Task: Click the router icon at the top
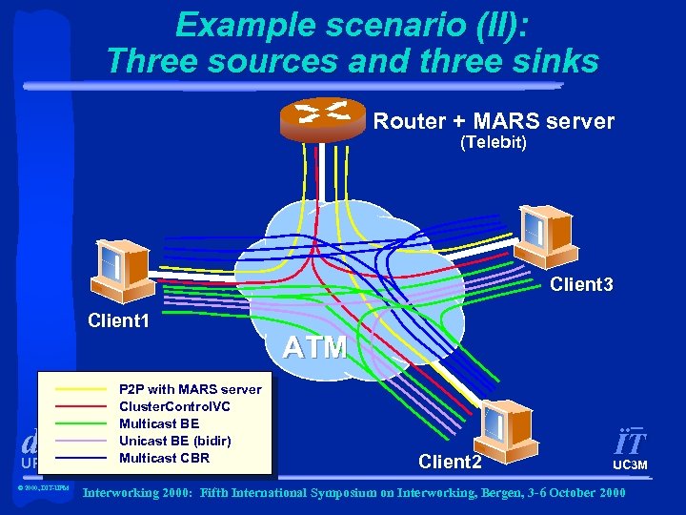click(x=323, y=118)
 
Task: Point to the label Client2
click(x=450, y=462)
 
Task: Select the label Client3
click(x=582, y=284)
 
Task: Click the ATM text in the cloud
click(x=314, y=347)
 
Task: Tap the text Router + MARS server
click(x=494, y=122)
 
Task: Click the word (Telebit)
click(x=494, y=143)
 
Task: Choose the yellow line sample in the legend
click(x=82, y=390)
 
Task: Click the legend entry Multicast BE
click(x=158, y=423)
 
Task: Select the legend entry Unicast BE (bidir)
click(x=174, y=441)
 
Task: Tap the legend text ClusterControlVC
click(x=173, y=406)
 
